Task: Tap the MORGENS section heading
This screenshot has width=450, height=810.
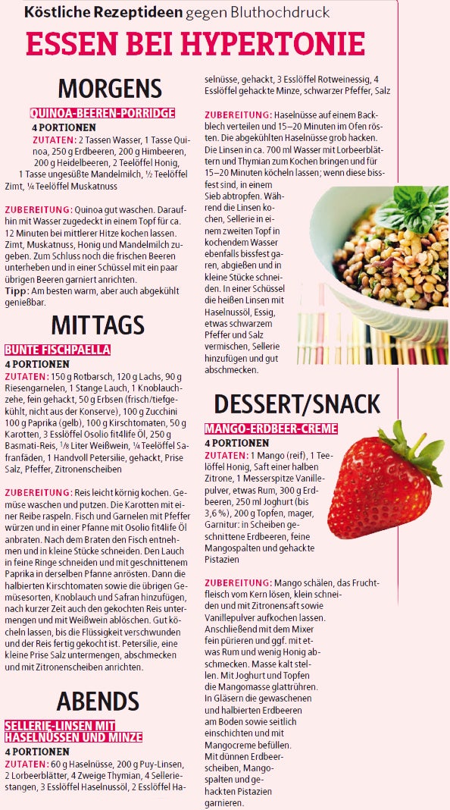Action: click(x=110, y=88)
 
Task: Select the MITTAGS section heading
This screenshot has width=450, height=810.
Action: click(x=98, y=325)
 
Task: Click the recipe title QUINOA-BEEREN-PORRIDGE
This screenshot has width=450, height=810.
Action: click(x=102, y=113)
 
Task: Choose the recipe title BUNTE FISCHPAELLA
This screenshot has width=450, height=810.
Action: click(x=58, y=350)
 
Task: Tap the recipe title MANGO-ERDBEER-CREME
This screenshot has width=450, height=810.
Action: click(x=270, y=429)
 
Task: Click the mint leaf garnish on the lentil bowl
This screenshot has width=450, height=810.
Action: click(x=409, y=205)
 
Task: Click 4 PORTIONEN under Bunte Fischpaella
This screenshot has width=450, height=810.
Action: click(x=37, y=363)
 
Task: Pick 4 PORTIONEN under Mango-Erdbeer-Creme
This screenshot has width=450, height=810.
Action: click(x=236, y=443)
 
